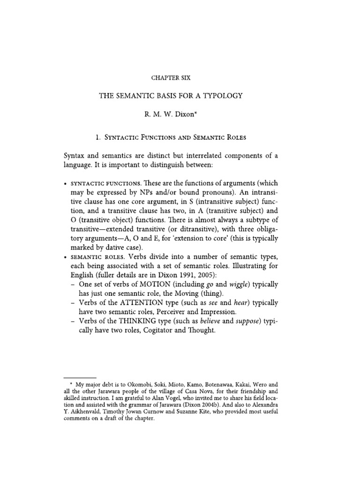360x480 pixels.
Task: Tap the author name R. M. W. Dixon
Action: pyautogui.click(x=180, y=115)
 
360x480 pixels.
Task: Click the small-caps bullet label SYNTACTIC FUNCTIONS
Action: pyautogui.click(x=105, y=183)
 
